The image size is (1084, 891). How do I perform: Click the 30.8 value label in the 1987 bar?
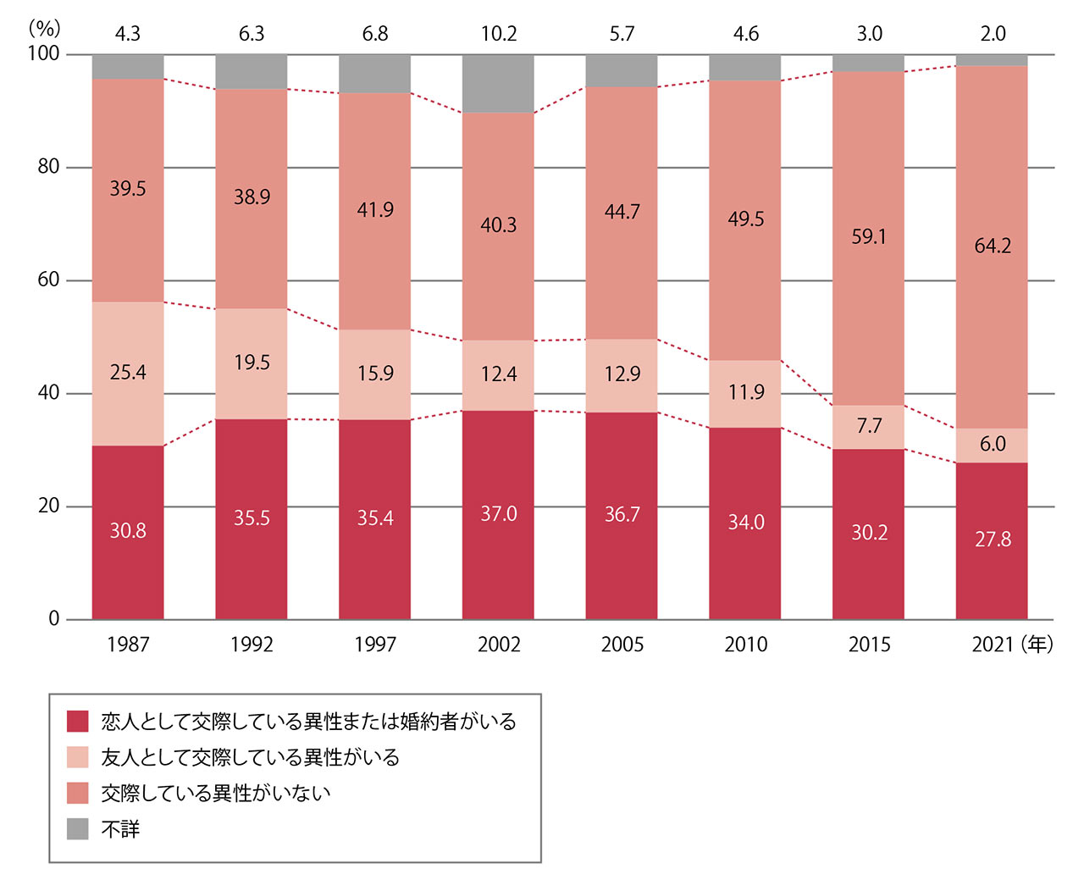(x=128, y=531)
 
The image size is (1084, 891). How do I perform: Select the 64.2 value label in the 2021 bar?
(x=993, y=246)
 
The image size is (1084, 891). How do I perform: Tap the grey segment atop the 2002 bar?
(x=498, y=84)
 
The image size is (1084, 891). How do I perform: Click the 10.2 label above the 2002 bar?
(x=498, y=34)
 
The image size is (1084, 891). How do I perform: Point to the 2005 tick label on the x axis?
(x=622, y=645)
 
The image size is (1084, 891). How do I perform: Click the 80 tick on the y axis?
(x=48, y=167)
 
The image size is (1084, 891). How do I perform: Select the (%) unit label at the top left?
(x=44, y=28)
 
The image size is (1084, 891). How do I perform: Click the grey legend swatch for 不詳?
(x=78, y=828)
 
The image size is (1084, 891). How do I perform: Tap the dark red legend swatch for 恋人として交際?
(x=78, y=722)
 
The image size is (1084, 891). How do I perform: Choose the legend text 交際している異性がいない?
(x=216, y=793)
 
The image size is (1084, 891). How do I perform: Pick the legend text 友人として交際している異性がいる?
(x=251, y=757)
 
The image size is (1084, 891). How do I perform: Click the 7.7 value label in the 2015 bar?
(x=869, y=426)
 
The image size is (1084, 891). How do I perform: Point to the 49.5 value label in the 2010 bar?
(x=745, y=219)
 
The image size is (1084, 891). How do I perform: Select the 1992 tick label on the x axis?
(x=252, y=645)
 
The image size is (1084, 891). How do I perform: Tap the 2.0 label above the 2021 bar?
(x=993, y=34)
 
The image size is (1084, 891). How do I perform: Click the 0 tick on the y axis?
(x=54, y=619)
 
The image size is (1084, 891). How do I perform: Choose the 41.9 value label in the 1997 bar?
(x=375, y=210)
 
